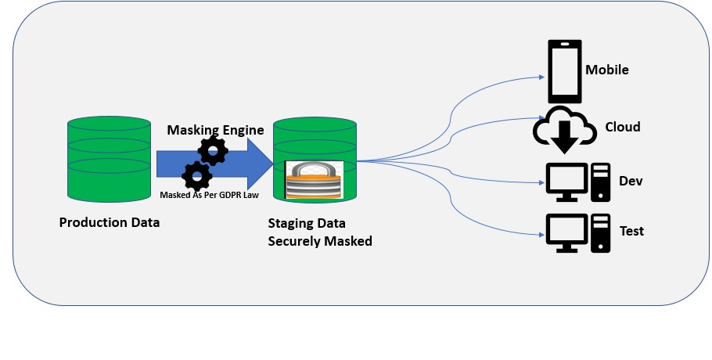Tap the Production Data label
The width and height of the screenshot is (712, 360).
coord(110,222)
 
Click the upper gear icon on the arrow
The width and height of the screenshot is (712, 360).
coord(213,149)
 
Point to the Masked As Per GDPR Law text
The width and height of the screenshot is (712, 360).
coord(209,195)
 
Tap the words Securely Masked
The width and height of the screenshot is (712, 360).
coord(320,241)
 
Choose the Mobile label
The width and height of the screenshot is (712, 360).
coord(607,70)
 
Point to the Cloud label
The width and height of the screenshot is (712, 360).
coord(623,127)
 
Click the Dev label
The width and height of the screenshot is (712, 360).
coord(631,181)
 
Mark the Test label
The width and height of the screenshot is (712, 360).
coord(631,231)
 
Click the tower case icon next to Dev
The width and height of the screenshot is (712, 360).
coord(601,182)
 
